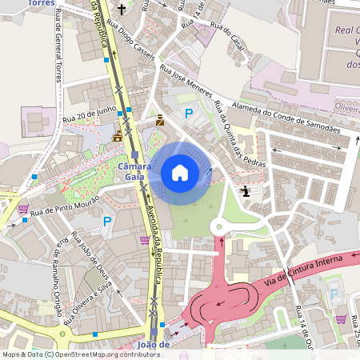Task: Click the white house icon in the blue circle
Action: (x=180, y=172)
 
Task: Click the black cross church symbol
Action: (x=122, y=10)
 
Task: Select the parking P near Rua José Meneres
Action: (x=189, y=114)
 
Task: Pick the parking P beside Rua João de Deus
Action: (x=106, y=222)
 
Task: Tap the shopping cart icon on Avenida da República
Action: (x=144, y=239)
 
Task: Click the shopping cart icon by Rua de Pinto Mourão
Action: (x=23, y=210)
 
